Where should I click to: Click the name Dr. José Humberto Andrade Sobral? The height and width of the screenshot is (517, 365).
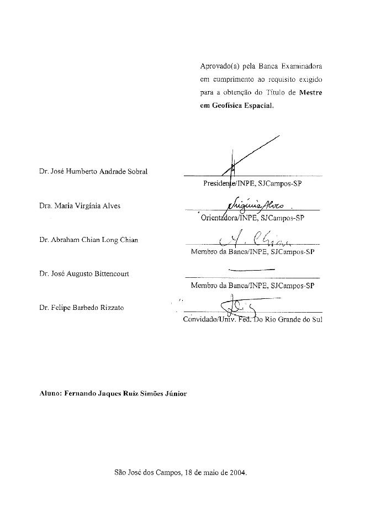(x=93, y=171)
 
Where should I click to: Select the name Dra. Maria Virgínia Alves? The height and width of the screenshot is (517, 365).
(x=80, y=206)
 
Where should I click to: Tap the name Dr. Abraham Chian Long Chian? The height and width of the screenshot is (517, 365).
(x=89, y=240)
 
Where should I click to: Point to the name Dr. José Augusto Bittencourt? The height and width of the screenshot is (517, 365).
(x=84, y=274)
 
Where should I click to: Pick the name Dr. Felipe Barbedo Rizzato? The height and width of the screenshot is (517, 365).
(x=82, y=308)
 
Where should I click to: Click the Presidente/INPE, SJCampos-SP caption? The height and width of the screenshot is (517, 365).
(x=252, y=182)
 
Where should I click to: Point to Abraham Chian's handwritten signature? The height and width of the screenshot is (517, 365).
(x=254, y=239)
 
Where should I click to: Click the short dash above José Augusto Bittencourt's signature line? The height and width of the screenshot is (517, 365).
(x=251, y=269)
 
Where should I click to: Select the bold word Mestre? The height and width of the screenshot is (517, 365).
(x=310, y=93)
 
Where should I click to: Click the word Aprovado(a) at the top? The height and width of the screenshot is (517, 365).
(x=219, y=66)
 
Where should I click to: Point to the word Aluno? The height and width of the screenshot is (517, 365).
(x=50, y=393)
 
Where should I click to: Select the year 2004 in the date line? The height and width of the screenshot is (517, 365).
(x=239, y=473)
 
